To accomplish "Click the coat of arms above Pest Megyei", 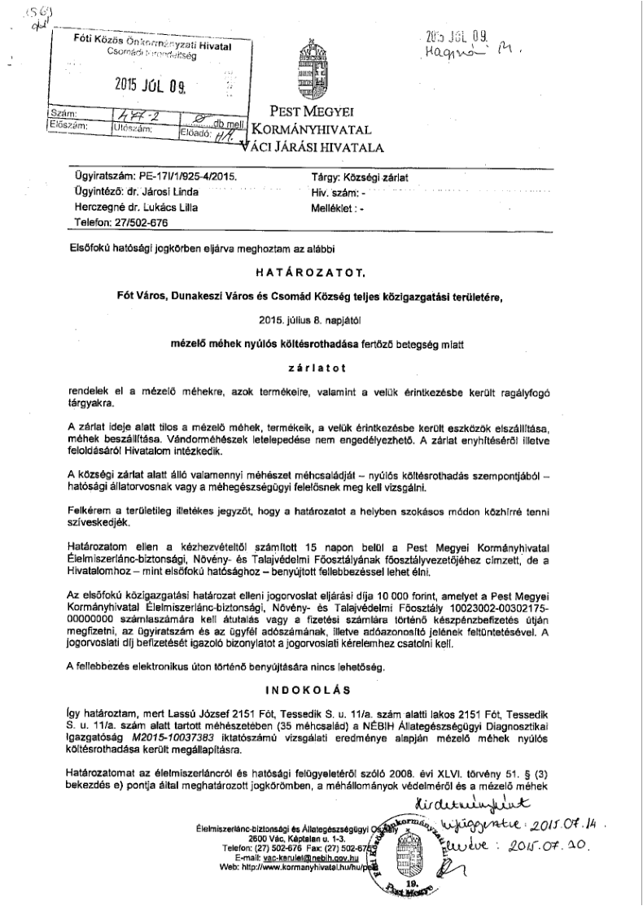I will [313, 69].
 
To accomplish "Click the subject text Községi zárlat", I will [387, 175].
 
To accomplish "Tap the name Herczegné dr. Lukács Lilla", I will [137, 206].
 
